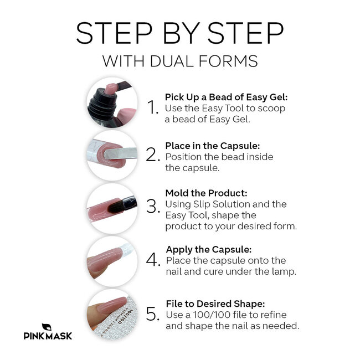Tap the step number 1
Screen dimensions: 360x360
coord(153,109)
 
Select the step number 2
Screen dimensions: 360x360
coord(153,156)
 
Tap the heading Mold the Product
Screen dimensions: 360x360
coord(207,193)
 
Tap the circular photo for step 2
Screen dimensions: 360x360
coord(111,155)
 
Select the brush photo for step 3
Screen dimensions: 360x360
coord(111,207)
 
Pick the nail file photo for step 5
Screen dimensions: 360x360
coord(111,313)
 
